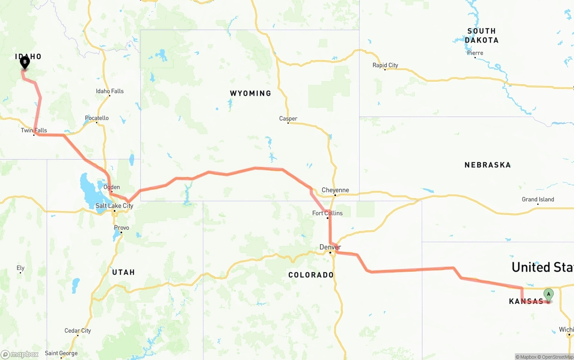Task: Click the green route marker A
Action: click(548, 295)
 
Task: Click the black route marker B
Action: click(25, 62)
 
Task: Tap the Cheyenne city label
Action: click(335, 190)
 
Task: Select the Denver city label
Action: click(330, 247)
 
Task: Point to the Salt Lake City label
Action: click(114, 206)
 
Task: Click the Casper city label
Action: click(288, 119)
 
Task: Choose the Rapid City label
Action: click(385, 65)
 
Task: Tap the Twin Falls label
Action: click(34, 130)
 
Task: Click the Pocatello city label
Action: click(97, 118)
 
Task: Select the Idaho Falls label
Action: click(109, 91)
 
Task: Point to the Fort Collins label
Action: click(327, 213)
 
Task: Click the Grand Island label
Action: click(538, 200)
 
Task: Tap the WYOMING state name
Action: click(250, 93)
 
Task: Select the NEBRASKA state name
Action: click(487, 165)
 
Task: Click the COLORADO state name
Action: click(311, 275)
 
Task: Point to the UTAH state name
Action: click(123, 272)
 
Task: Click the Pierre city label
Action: click(475, 53)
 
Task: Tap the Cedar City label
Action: click(78, 331)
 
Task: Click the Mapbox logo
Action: click(20, 354)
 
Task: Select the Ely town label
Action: click(20, 268)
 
